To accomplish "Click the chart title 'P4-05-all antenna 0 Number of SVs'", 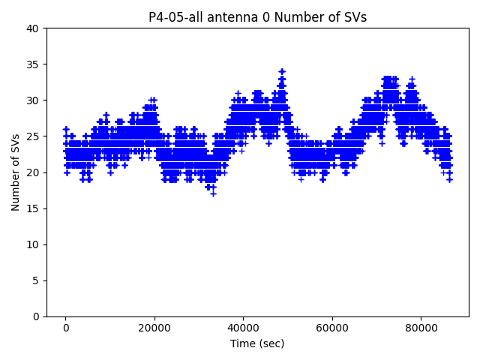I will [x=257, y=17].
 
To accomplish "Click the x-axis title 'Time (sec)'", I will [x=257, y=343].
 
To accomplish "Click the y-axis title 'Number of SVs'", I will [x=16, y=172].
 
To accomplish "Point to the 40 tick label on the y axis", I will [x=34, y=28].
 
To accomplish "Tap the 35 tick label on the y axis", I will [x=34, y=64].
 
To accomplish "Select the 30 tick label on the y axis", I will [x=34, y=100].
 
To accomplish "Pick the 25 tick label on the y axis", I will [x=34, y=136].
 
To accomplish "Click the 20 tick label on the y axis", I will [x=34, y=172].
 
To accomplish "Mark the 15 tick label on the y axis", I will [x=34, y=208].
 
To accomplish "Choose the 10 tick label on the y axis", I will [x=34, y=244].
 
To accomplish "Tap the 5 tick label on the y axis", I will [x=37, y=280].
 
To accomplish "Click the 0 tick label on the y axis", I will [x=37, y=316].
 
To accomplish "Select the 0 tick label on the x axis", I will [x=66, y=328].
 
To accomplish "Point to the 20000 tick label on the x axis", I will [x=154, y=328].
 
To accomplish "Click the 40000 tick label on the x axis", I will [x=243, y=328].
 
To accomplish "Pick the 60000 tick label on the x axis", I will [x=331, y=328].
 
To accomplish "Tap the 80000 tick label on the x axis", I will [x=420, y=328].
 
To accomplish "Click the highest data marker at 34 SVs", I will [x=282, y=72].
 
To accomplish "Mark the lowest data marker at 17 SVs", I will [x=213, y=193].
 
